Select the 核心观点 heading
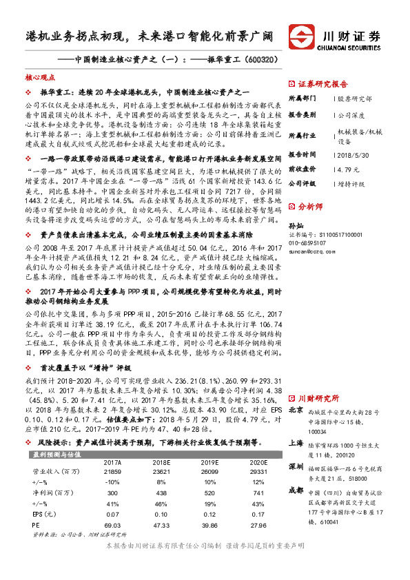click(38, 79)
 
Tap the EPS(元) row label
click(46, 514)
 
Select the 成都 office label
click(296, 490)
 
